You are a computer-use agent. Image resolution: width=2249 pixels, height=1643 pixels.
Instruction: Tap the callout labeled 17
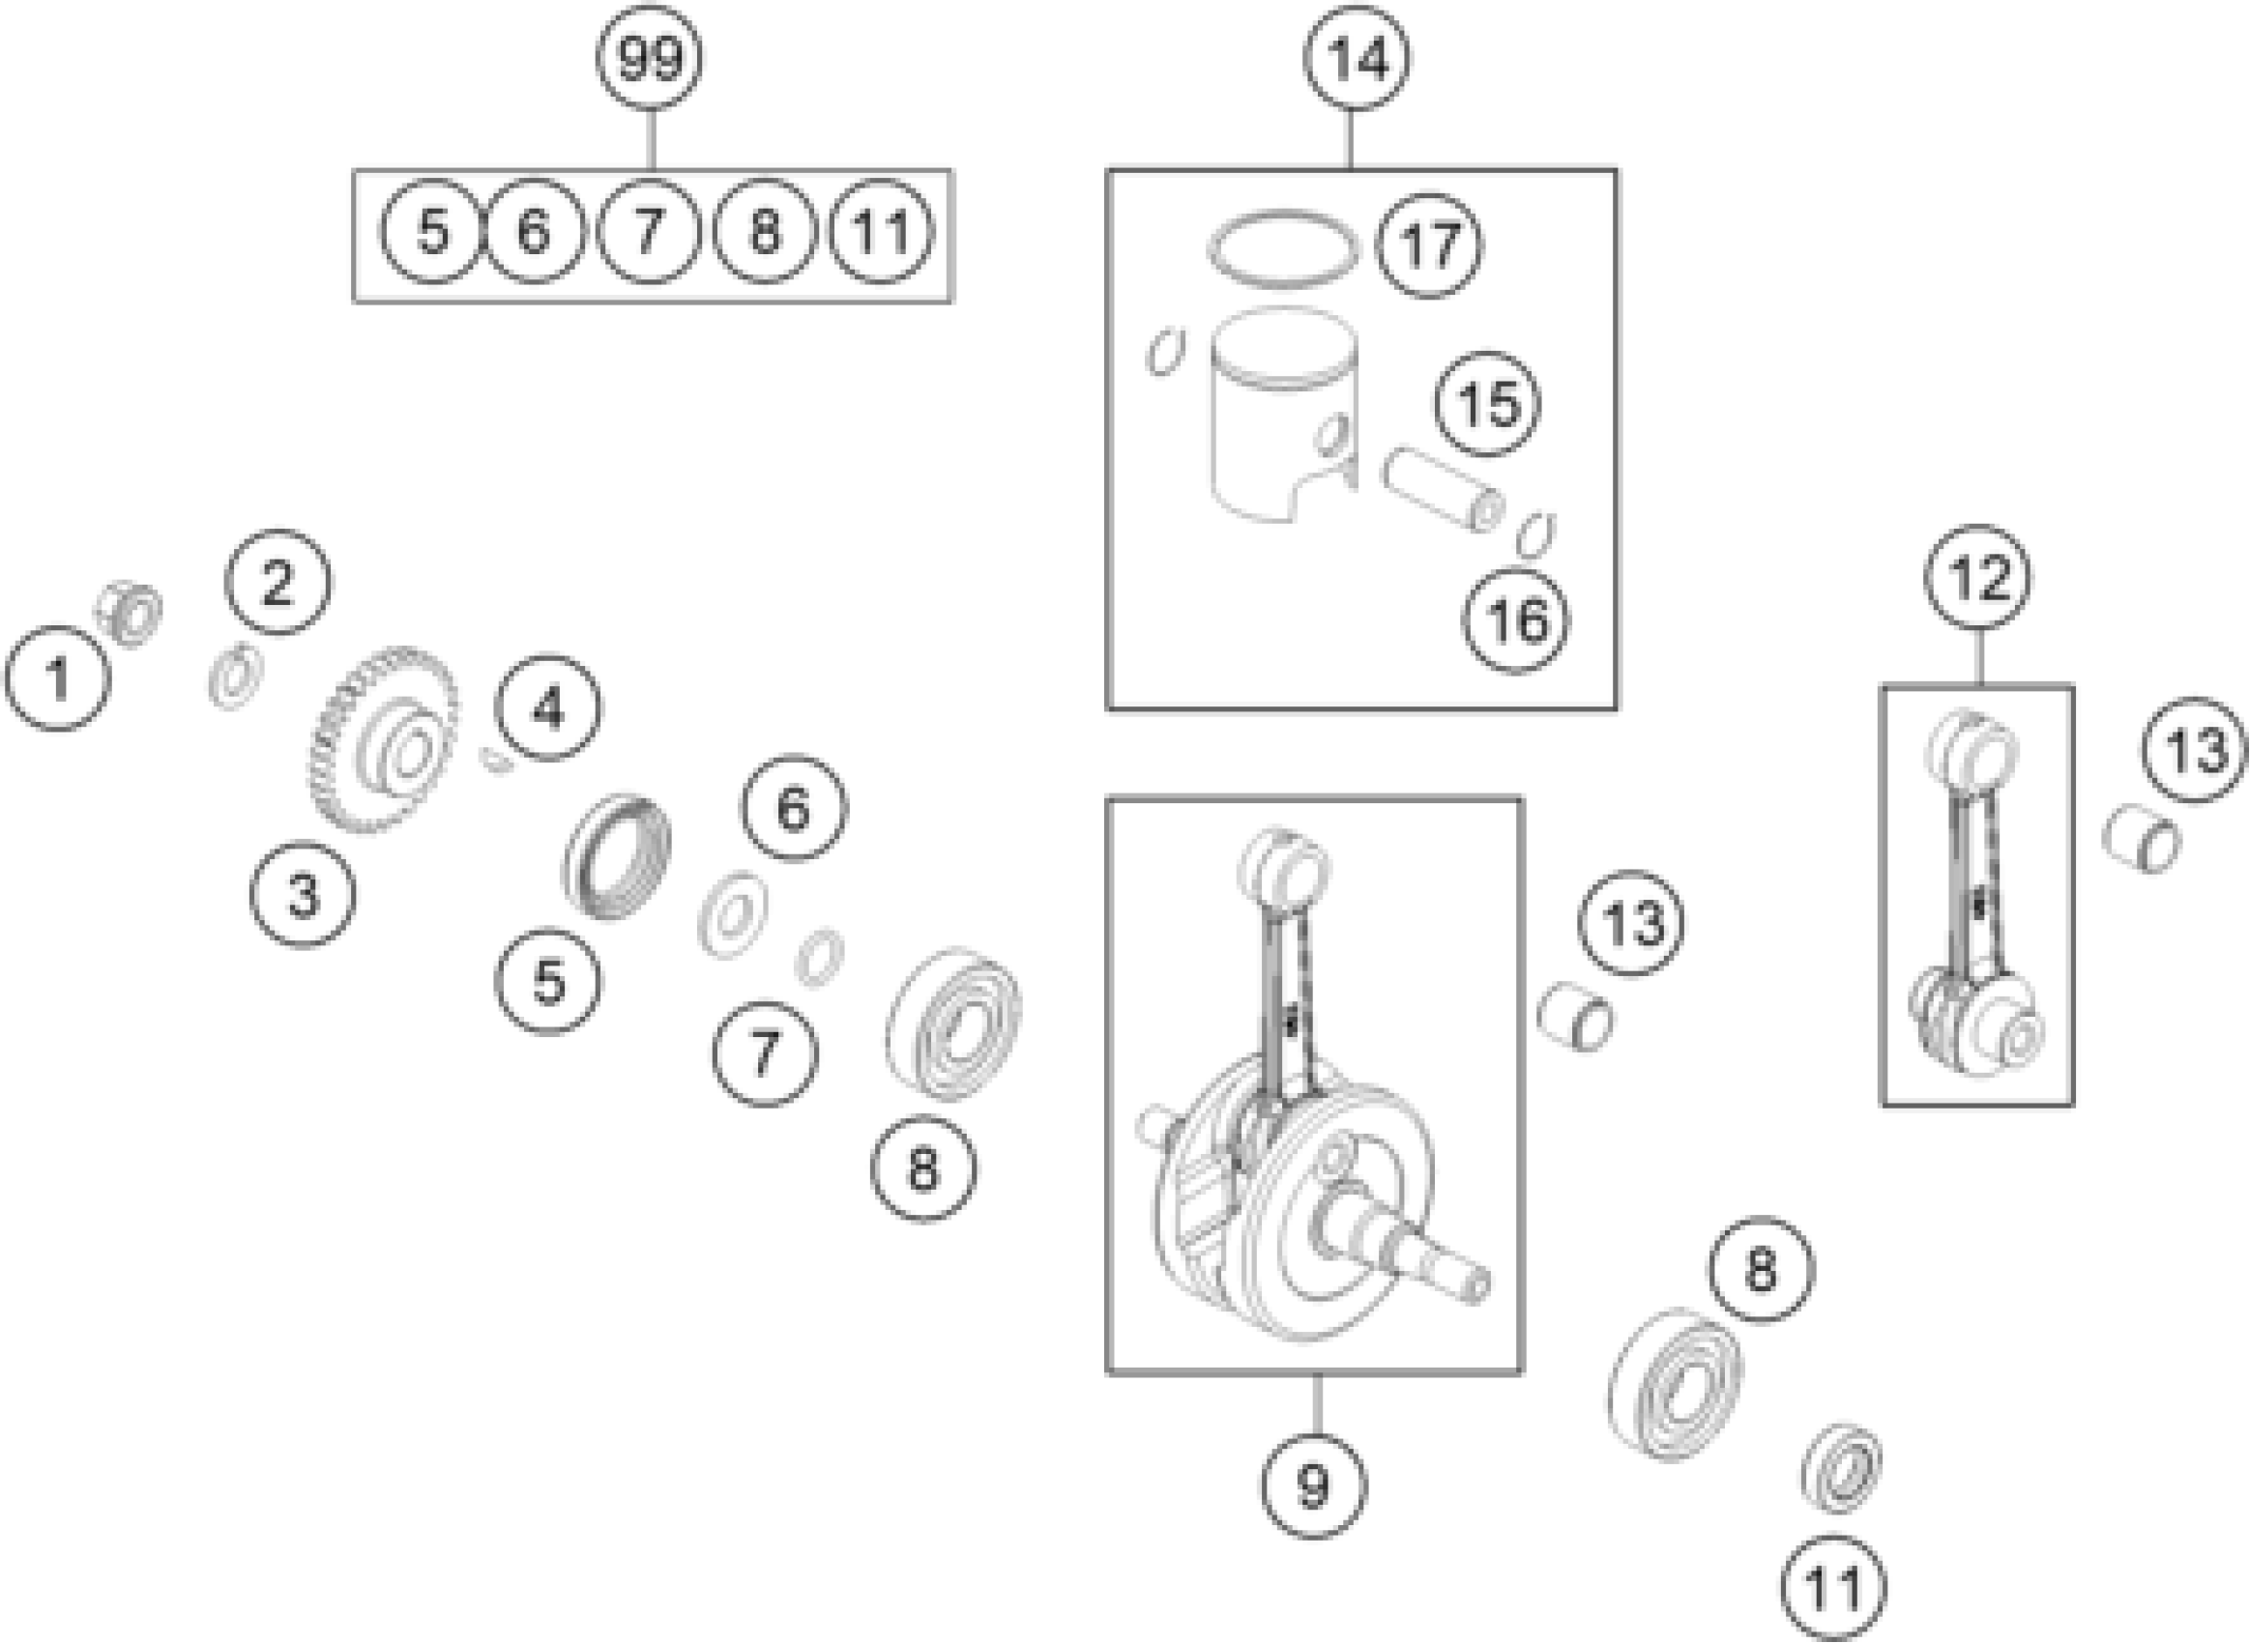1429,245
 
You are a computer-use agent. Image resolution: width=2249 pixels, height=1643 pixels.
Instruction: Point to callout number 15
1488,404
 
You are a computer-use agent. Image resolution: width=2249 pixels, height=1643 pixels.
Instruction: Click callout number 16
1516,620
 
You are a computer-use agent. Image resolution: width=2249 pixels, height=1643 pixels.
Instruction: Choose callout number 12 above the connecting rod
1977,578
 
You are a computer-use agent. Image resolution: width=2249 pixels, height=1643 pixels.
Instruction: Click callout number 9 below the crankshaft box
1314,1485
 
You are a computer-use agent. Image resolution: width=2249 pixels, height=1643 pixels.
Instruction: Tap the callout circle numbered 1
58,678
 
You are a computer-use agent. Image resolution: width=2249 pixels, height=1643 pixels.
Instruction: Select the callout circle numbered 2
277,582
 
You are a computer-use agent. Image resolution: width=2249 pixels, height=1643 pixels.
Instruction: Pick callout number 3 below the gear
303,893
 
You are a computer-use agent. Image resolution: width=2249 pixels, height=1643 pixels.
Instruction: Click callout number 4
548,708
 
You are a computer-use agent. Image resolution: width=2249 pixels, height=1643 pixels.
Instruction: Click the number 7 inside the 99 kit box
649,232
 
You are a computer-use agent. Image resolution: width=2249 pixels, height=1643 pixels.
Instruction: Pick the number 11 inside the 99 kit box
881,232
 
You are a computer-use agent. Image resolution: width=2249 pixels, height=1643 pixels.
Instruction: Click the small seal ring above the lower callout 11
1842,1469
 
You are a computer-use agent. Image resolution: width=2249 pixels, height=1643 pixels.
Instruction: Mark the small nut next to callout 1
131,611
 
